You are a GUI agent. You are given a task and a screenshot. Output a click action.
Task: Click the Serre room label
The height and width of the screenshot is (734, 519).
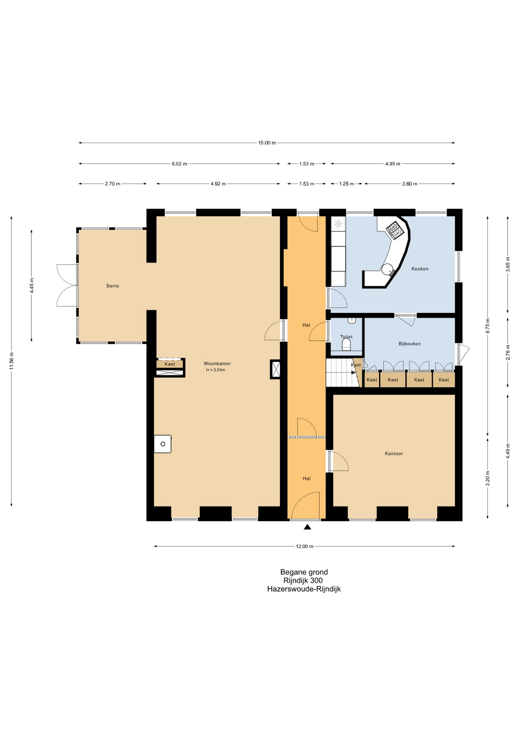pos(112,286)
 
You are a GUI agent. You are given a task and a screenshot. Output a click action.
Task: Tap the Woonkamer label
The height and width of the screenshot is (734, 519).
pos(217,364)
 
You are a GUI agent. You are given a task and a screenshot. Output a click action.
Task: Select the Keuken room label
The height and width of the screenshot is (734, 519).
pos(420,269)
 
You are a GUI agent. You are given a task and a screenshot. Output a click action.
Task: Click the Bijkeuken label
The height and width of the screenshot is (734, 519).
pos(409,344)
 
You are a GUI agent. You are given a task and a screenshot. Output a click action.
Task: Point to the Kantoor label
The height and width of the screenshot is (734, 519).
pos(394,453)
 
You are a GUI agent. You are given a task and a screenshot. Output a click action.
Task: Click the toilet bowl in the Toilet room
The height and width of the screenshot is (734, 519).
pos(346,345)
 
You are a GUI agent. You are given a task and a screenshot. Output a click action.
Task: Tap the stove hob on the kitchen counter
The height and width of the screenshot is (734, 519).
pos(394,230)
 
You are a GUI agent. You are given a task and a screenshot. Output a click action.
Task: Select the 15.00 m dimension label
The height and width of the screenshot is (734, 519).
pos(267,143)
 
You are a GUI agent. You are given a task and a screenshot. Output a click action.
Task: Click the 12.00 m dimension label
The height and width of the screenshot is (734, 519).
pos(305,546)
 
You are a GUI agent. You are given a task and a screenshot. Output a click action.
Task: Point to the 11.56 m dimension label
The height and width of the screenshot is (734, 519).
pos(12,361)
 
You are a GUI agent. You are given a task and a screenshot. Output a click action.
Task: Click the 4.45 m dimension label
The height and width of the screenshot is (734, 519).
pos(32,286)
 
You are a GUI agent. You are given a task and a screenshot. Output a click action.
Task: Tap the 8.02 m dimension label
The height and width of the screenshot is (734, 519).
pos(179,164)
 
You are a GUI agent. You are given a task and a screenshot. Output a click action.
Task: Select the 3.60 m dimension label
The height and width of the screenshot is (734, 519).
pos(409,184)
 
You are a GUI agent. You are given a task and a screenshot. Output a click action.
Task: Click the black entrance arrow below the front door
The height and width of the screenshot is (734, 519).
pos(307,527)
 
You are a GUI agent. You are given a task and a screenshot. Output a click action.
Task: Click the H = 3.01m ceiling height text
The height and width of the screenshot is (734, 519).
pos(216,370)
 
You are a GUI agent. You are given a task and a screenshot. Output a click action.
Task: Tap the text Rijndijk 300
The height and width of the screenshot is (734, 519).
pos(303,580)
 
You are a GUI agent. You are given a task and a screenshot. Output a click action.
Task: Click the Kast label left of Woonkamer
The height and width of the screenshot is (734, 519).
pos(170,364)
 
